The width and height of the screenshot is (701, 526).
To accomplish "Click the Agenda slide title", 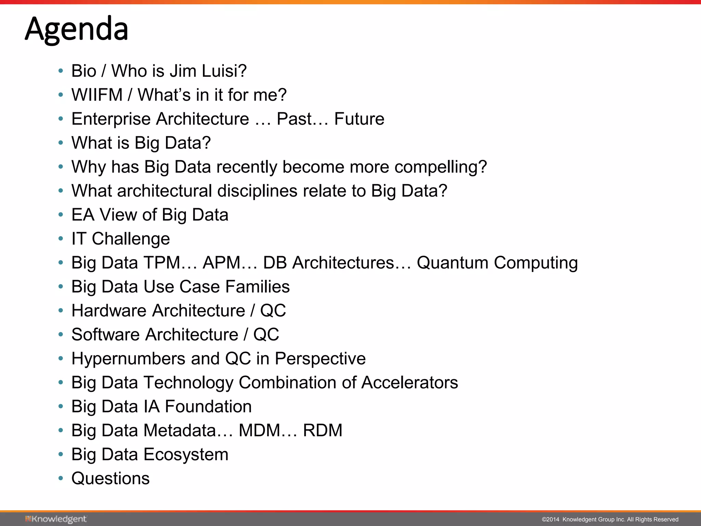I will click(77, 29).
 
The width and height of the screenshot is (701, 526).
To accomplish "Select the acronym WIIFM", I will click(97, 95).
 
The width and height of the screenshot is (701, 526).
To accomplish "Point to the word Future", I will click(359, 119).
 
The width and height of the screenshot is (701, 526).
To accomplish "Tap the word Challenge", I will click(131, 239).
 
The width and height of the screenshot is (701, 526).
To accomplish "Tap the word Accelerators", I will click(409, 383).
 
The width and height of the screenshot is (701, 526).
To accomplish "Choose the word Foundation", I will click(208, 406).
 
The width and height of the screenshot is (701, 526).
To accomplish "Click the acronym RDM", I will click(322, 430).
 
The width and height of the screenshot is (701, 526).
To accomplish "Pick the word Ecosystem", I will click(186, 455).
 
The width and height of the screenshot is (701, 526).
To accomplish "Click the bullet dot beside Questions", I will click(61, 478).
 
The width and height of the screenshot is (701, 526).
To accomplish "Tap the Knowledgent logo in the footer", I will click(56, 519).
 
